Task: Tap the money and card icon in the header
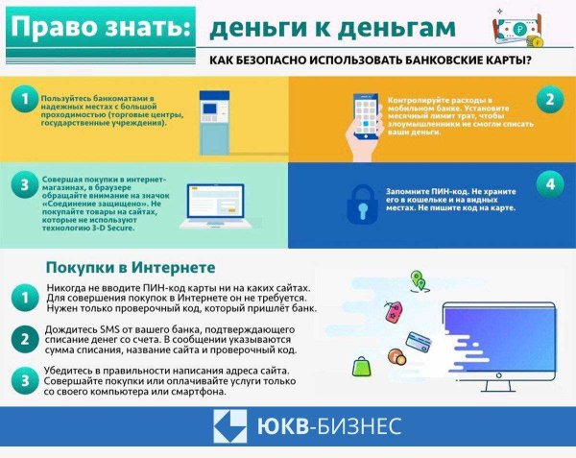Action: (x=518, y=29)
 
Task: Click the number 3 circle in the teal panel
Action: (x=21, y=183)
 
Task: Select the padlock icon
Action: (x=360, y=195)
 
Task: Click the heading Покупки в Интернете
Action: (x=131, y=266)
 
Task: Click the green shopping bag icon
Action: (x=362, y=366)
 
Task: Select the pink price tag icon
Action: (x=392, y=311)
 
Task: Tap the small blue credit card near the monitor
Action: (x=418, y=340)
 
